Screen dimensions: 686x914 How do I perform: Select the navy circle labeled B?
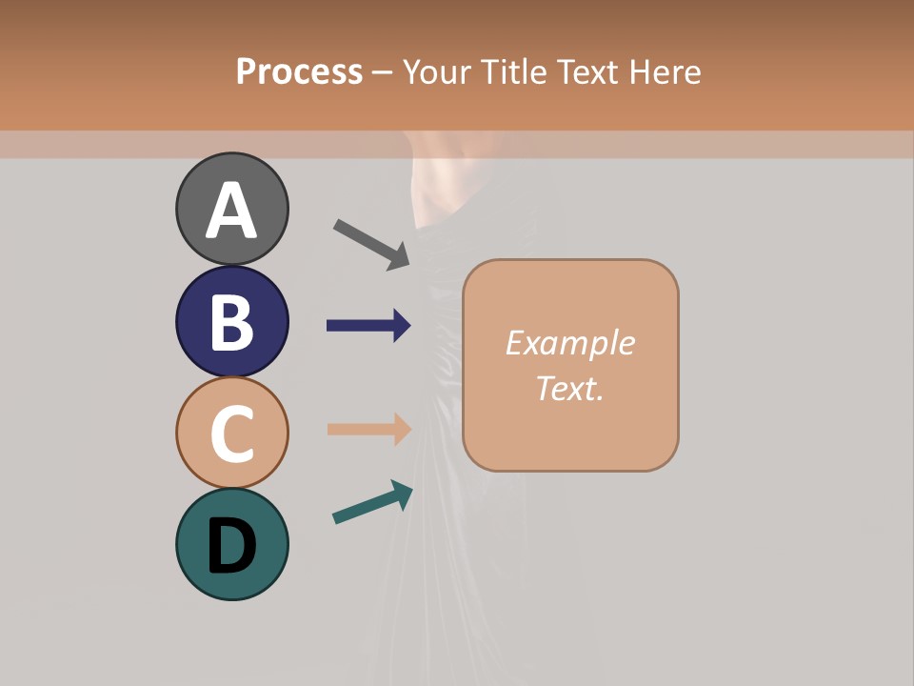click(231, 321)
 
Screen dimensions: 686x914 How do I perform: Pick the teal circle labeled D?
click(231, 544)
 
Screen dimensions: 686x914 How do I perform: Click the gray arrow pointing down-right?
click(371, 244)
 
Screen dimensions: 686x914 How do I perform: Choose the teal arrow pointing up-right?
click(372, 502)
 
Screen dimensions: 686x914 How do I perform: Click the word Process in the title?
click(299, 72)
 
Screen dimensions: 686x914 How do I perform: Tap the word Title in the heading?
click(516, 72)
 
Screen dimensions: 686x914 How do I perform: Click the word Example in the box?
click(569, 343)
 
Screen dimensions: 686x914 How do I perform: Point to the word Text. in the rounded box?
click(569, 388)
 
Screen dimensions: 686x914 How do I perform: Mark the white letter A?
click(231, 212)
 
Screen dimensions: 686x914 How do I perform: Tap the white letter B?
click(231, 323)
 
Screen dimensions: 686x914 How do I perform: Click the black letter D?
click(231, 546)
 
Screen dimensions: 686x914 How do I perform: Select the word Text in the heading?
click(588, 72)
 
